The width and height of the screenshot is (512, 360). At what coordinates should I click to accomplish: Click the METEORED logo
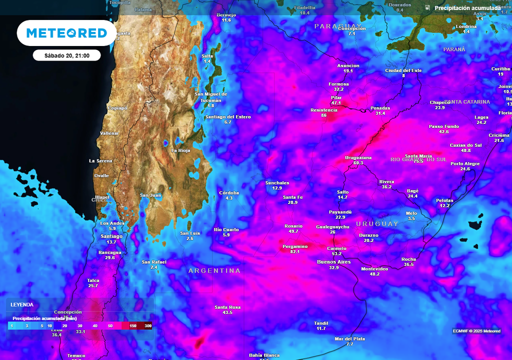coord(66,33)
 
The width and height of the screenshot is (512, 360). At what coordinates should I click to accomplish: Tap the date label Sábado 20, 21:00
coord(66,55)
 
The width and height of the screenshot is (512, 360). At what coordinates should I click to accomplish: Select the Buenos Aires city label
coord(334,261)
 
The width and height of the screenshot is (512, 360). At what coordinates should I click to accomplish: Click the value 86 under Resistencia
coord(323,115)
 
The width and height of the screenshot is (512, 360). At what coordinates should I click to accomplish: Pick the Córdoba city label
coord(229,192)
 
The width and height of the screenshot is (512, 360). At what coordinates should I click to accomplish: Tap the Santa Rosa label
coord(227,307)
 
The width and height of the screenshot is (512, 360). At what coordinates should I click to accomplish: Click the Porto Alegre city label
coord(465,163)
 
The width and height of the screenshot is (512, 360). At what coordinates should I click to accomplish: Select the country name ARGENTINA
coord(214,270)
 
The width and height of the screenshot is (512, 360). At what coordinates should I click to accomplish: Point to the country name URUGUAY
coord(377,223)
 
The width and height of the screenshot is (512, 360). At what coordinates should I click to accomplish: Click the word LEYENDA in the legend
coord(22,304)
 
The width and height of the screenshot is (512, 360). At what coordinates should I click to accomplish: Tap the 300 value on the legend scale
coord(148,326)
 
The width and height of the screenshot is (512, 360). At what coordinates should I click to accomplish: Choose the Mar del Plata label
coord(350,338)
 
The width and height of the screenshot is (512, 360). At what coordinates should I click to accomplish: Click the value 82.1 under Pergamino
coord(295,251)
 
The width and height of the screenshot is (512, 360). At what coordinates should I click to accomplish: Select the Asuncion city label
coord(348,65)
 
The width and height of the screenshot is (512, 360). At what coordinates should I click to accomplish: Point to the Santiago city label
coord(111,236)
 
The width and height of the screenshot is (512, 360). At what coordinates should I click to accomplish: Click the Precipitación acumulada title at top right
coord(467,8)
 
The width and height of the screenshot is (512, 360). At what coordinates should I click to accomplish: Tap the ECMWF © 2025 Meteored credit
coord(476,331)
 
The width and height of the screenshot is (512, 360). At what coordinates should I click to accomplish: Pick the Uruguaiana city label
coord(358,157)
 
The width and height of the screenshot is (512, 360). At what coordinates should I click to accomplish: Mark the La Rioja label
coord(180,150)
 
